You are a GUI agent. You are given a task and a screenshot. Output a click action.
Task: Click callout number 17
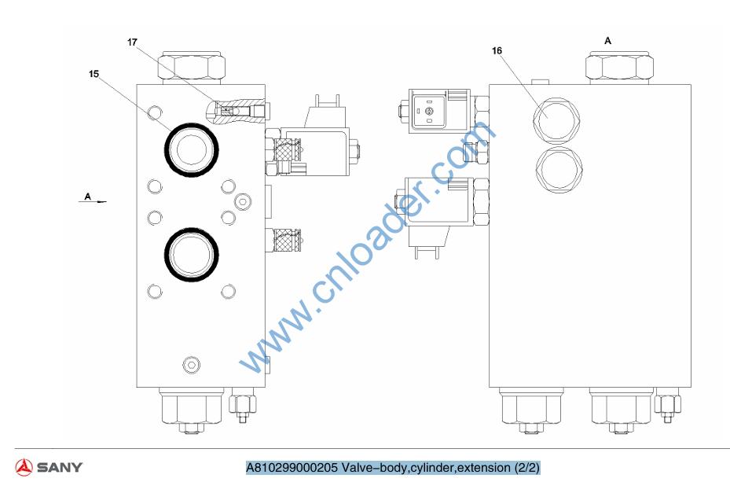(132, 42)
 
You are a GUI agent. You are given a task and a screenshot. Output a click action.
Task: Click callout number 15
(94, 74)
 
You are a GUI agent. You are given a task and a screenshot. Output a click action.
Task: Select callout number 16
(497, 50)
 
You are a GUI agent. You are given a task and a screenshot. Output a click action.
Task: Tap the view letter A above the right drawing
(607, 41)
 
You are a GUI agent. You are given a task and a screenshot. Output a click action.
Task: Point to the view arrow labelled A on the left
(92, 201)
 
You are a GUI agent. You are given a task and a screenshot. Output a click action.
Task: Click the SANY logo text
(60, 467)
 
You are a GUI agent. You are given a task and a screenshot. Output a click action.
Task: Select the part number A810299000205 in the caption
(292, 467)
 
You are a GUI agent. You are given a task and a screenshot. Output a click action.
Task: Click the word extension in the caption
(484, 467)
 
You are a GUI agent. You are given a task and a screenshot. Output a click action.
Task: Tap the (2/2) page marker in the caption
(526, 467)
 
